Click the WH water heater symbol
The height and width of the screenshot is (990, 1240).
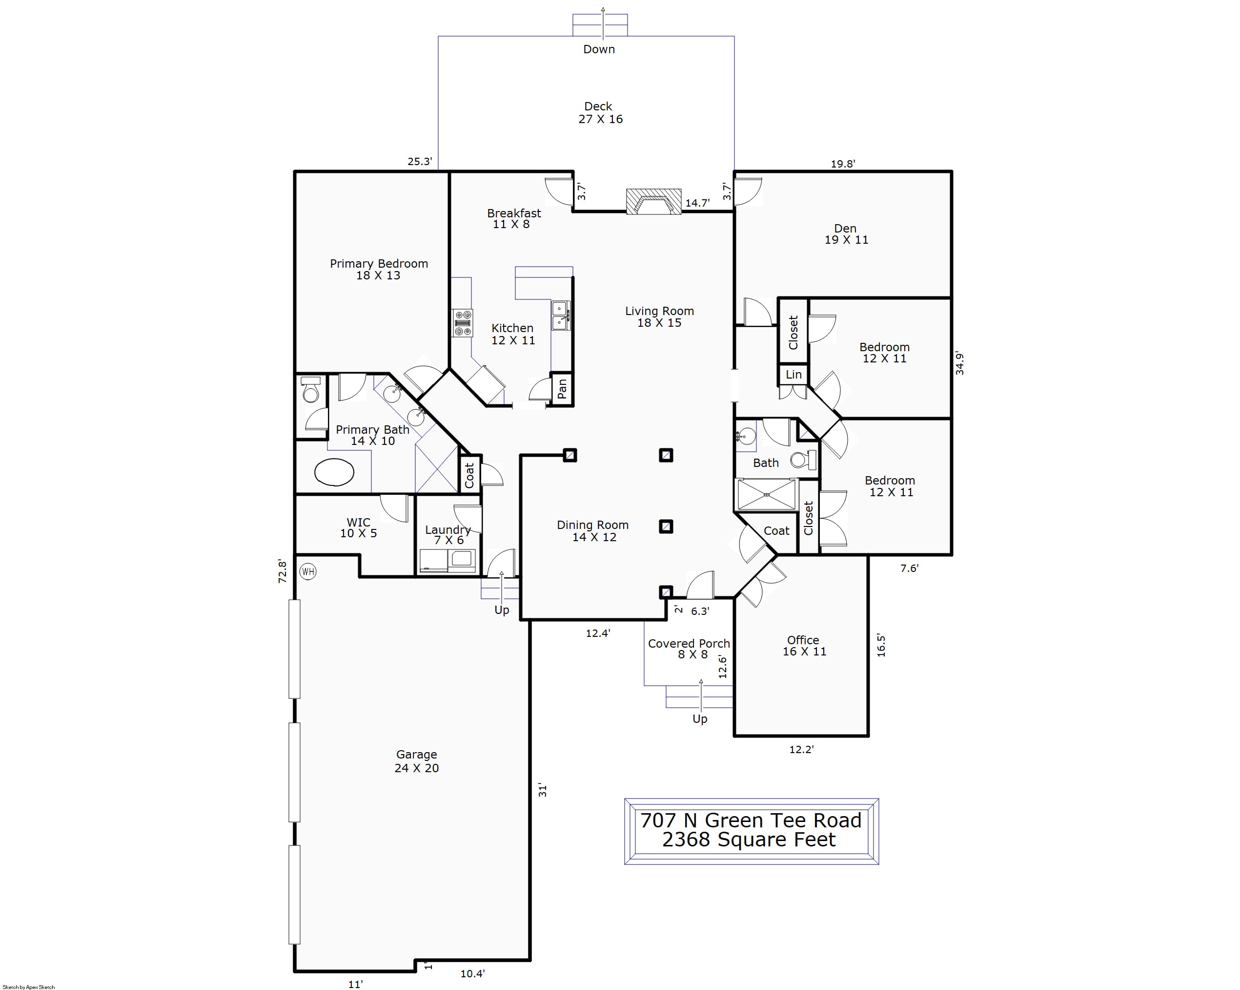(308, 571)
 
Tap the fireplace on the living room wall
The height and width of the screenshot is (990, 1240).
(653, 201)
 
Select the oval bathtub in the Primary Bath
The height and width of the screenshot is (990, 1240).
(334, 472)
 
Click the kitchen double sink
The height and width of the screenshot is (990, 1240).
(561, 316)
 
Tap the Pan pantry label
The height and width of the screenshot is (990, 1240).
(562, 389)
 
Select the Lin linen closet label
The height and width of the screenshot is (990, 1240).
(793, 375)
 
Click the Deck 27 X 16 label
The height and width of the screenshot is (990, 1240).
(600, 113)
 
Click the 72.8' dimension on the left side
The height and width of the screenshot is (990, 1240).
(283, 571)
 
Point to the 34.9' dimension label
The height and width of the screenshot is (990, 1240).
(959, 363)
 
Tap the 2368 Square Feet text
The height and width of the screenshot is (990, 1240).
(749, 840)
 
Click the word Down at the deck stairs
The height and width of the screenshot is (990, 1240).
(599, 49)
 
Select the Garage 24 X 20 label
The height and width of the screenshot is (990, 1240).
(416, 761)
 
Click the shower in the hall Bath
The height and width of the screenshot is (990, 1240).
(767, 494)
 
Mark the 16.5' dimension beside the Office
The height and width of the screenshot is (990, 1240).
(881, 645)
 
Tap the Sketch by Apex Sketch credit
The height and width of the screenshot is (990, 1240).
(29, 987)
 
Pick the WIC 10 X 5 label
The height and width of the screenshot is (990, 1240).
(358, 528)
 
